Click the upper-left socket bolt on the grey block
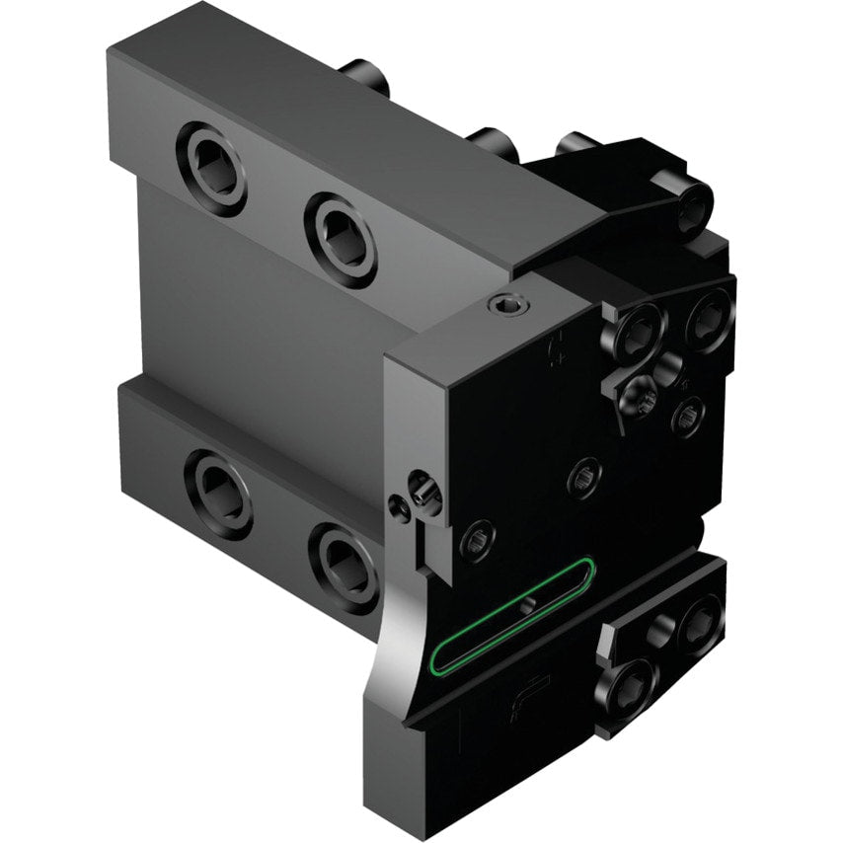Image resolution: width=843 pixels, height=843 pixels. click(211, 167)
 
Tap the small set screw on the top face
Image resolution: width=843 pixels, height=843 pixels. click(508, 310)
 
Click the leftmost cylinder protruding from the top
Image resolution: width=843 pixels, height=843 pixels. click(366, 77)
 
